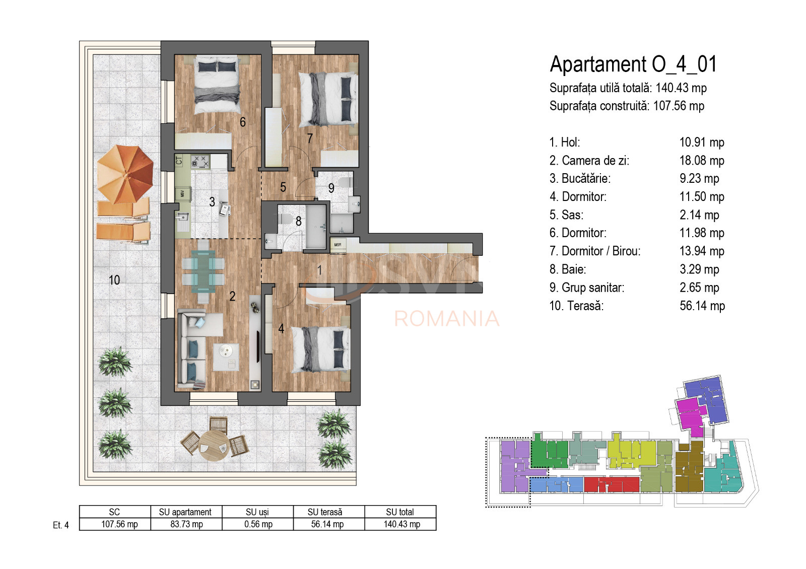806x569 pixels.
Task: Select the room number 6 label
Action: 243,122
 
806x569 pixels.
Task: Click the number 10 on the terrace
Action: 114,280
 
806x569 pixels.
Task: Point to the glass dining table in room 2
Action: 203,272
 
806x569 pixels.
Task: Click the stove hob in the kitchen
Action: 200,162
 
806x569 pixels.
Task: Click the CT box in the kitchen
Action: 179,161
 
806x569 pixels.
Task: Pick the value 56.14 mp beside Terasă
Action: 702,306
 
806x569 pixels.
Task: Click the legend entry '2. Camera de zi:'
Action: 589,161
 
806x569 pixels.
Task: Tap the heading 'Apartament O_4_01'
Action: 633,64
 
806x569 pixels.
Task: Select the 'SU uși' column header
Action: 257,512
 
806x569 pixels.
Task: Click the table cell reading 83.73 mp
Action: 186,524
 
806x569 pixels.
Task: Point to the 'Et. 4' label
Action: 60,525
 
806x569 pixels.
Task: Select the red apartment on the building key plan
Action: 611,484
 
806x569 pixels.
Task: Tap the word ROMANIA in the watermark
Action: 446,319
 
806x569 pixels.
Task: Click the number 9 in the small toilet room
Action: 331,188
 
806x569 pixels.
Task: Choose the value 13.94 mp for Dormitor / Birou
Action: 702,251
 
